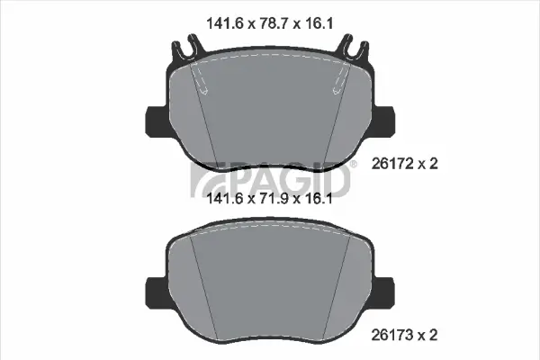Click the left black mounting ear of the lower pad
tap(154, 290)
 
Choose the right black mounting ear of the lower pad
tap(386, 290)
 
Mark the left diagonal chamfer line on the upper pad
tap(205, 126)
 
